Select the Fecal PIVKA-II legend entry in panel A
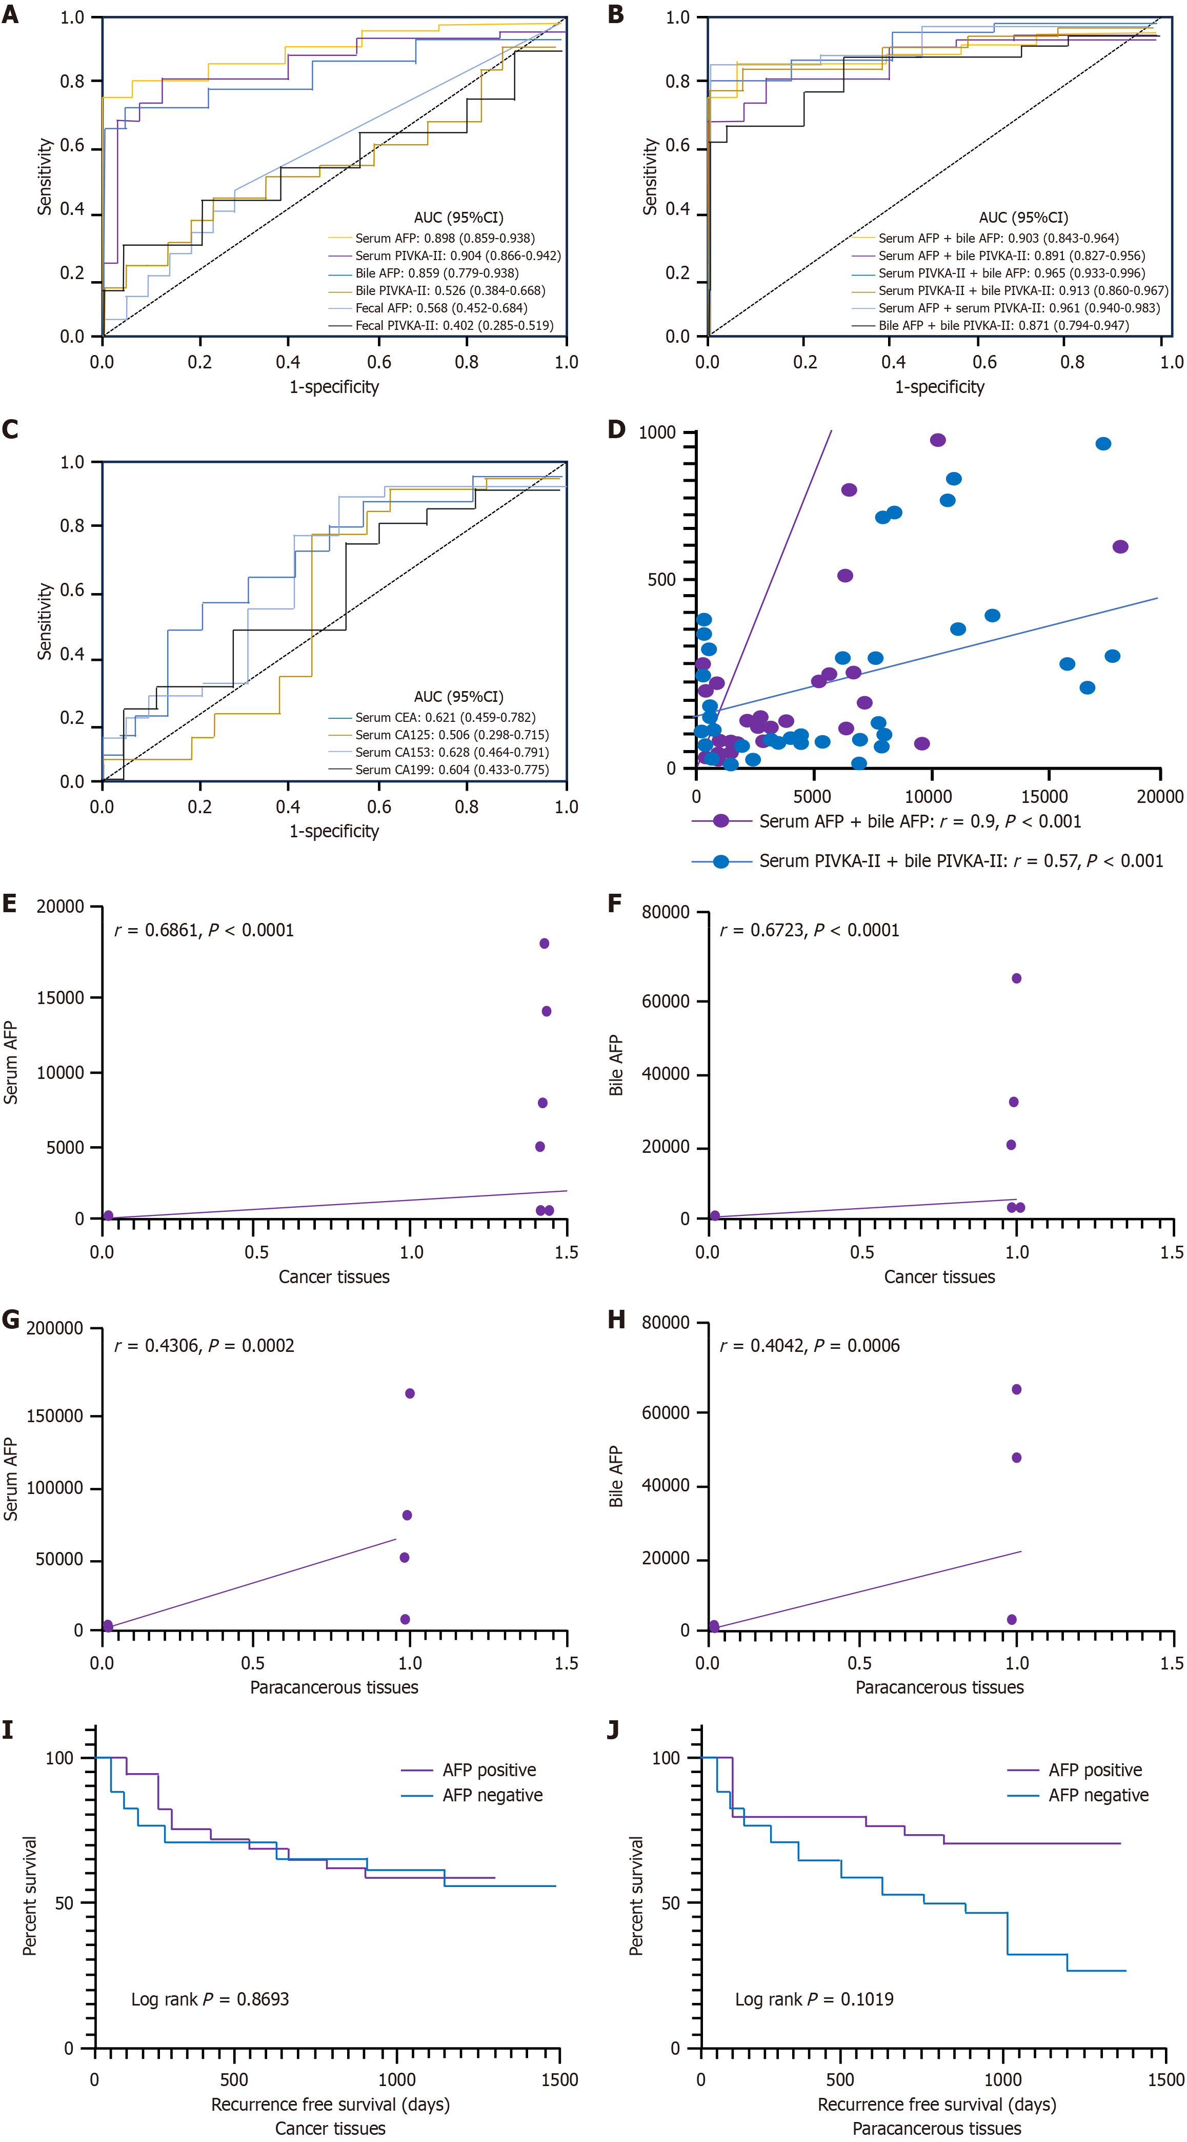tap(454, 325)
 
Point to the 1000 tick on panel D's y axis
tap(657, 433)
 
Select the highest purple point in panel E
tap(545, 943)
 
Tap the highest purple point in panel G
tap(410, 1393)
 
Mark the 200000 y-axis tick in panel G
tap(55, 1328)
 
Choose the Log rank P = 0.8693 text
tap(210, 1999)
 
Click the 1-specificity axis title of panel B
tap(939, 387)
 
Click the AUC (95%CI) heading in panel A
tap(459, 218)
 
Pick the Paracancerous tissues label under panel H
tap(939, 1687)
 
